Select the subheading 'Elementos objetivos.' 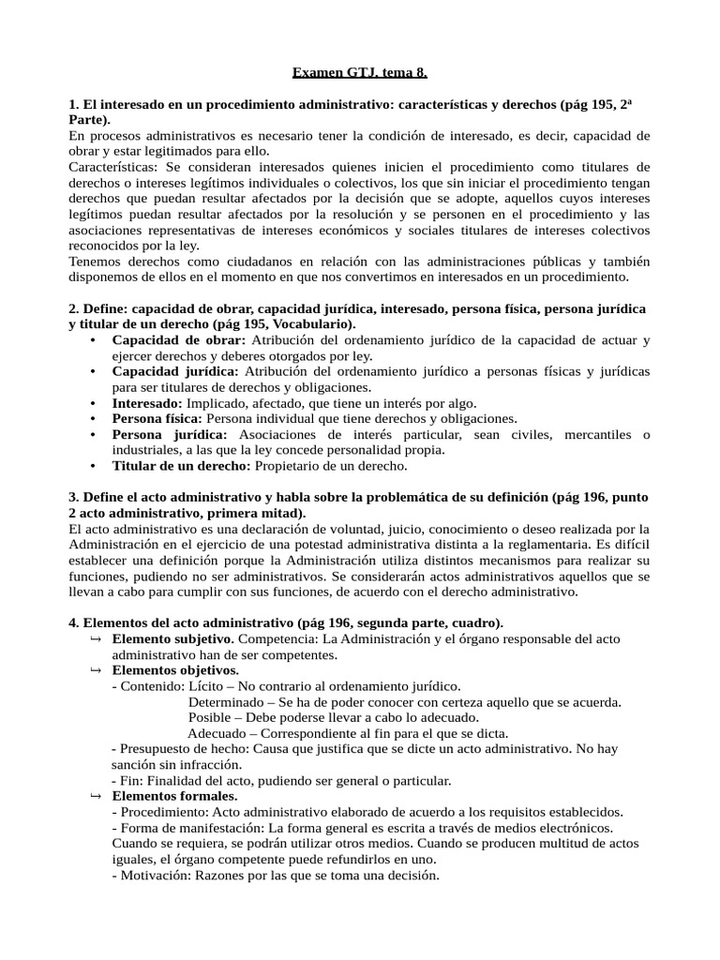175,670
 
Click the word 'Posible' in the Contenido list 211,717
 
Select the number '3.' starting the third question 74,497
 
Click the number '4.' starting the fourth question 74,622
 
